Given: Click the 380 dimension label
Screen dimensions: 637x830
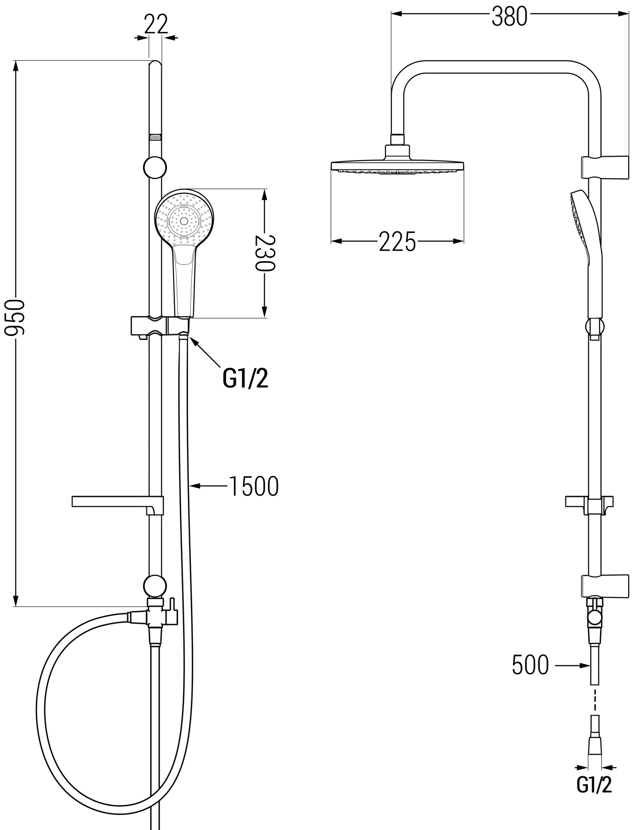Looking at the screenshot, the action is click(509, 17).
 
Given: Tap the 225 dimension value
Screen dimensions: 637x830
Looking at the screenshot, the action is click(397, 241).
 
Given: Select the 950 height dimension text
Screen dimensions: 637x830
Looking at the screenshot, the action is click(14, 318).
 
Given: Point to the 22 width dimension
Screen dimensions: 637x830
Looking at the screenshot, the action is click(156, 24).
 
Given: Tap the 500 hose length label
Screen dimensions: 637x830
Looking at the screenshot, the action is click(530, 664).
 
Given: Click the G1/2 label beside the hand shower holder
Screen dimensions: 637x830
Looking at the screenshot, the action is click(246, 379).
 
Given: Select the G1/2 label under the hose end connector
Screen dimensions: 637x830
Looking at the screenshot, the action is click(594, 785).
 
